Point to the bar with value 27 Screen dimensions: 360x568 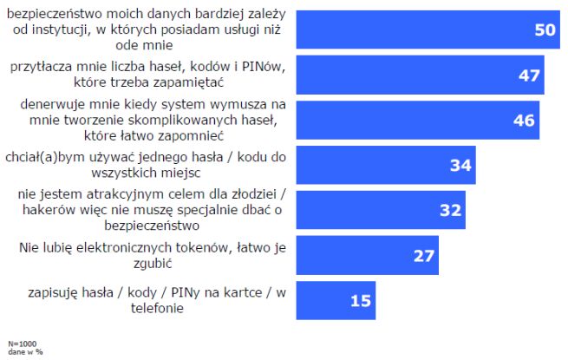click(364, 255)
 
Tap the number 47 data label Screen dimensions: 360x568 click(530, 75)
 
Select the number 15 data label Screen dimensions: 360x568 click(361, 301)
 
